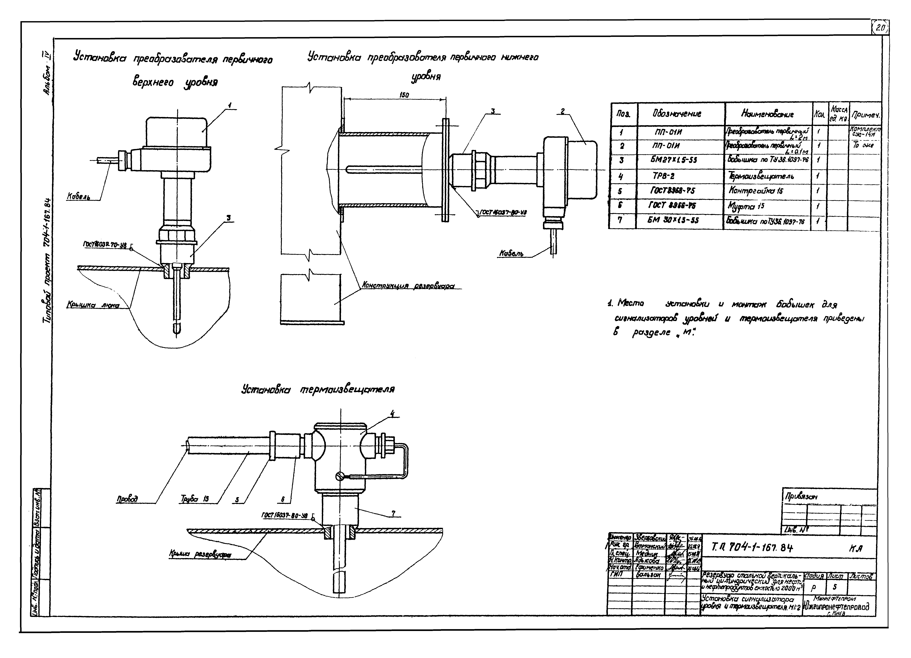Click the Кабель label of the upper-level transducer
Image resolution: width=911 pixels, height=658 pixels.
[x=78, y=197]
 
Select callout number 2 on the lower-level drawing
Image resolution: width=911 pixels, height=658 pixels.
[x=563, y=111]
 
